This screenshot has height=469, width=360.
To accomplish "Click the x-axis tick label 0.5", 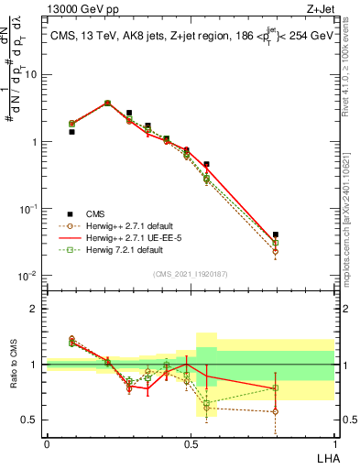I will (190, 442).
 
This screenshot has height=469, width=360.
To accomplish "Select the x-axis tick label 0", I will (47, 442).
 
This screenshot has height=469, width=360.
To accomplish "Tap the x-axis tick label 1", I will (333, 442).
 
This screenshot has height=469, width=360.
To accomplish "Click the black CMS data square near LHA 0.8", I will (276, 235).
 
